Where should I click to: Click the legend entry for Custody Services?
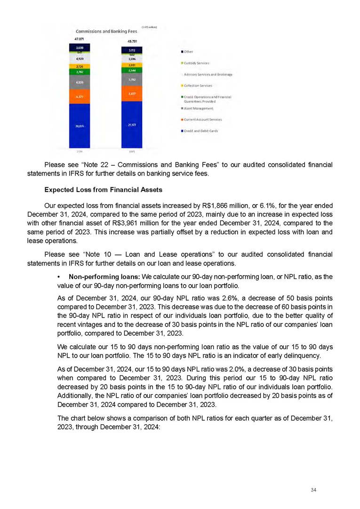pos(197,63)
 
